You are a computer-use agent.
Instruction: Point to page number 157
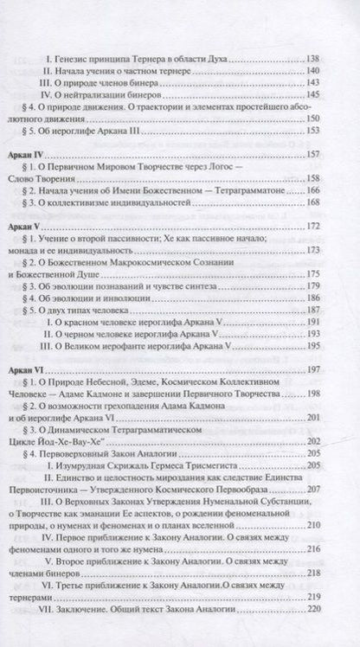tap(320, 153)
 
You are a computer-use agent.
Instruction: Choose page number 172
tap(320, 225)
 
